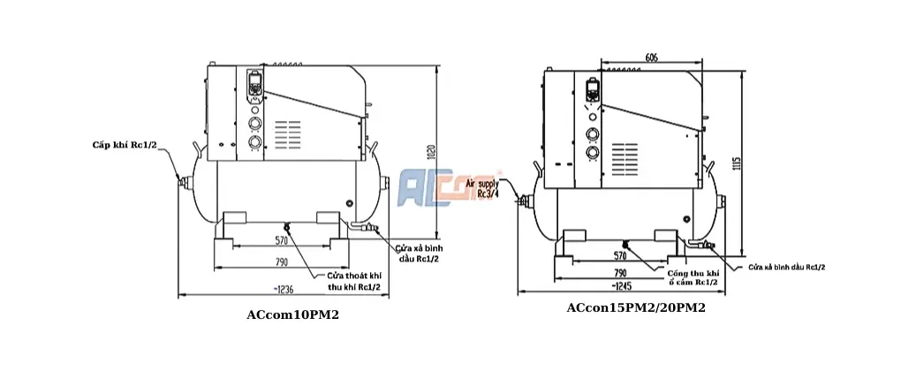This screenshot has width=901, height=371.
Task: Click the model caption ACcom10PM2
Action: (292, 315)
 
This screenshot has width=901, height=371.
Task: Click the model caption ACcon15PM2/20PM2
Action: (635, 308)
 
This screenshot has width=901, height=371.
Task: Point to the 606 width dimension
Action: (650, 57)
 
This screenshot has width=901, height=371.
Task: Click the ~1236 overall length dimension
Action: (283, 290)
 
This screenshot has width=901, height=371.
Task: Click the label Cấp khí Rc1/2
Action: (125, 143)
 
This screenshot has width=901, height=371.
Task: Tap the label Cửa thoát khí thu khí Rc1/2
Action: (354, 281)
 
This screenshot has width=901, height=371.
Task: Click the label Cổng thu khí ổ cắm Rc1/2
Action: (692, 277)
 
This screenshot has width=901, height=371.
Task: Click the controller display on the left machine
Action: (254, 87)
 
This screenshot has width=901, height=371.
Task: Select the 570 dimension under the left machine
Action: (281, 240)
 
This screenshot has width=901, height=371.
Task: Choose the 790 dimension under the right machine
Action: (620, 273)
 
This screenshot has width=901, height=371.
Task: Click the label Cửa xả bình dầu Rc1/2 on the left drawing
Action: (418, 253)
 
